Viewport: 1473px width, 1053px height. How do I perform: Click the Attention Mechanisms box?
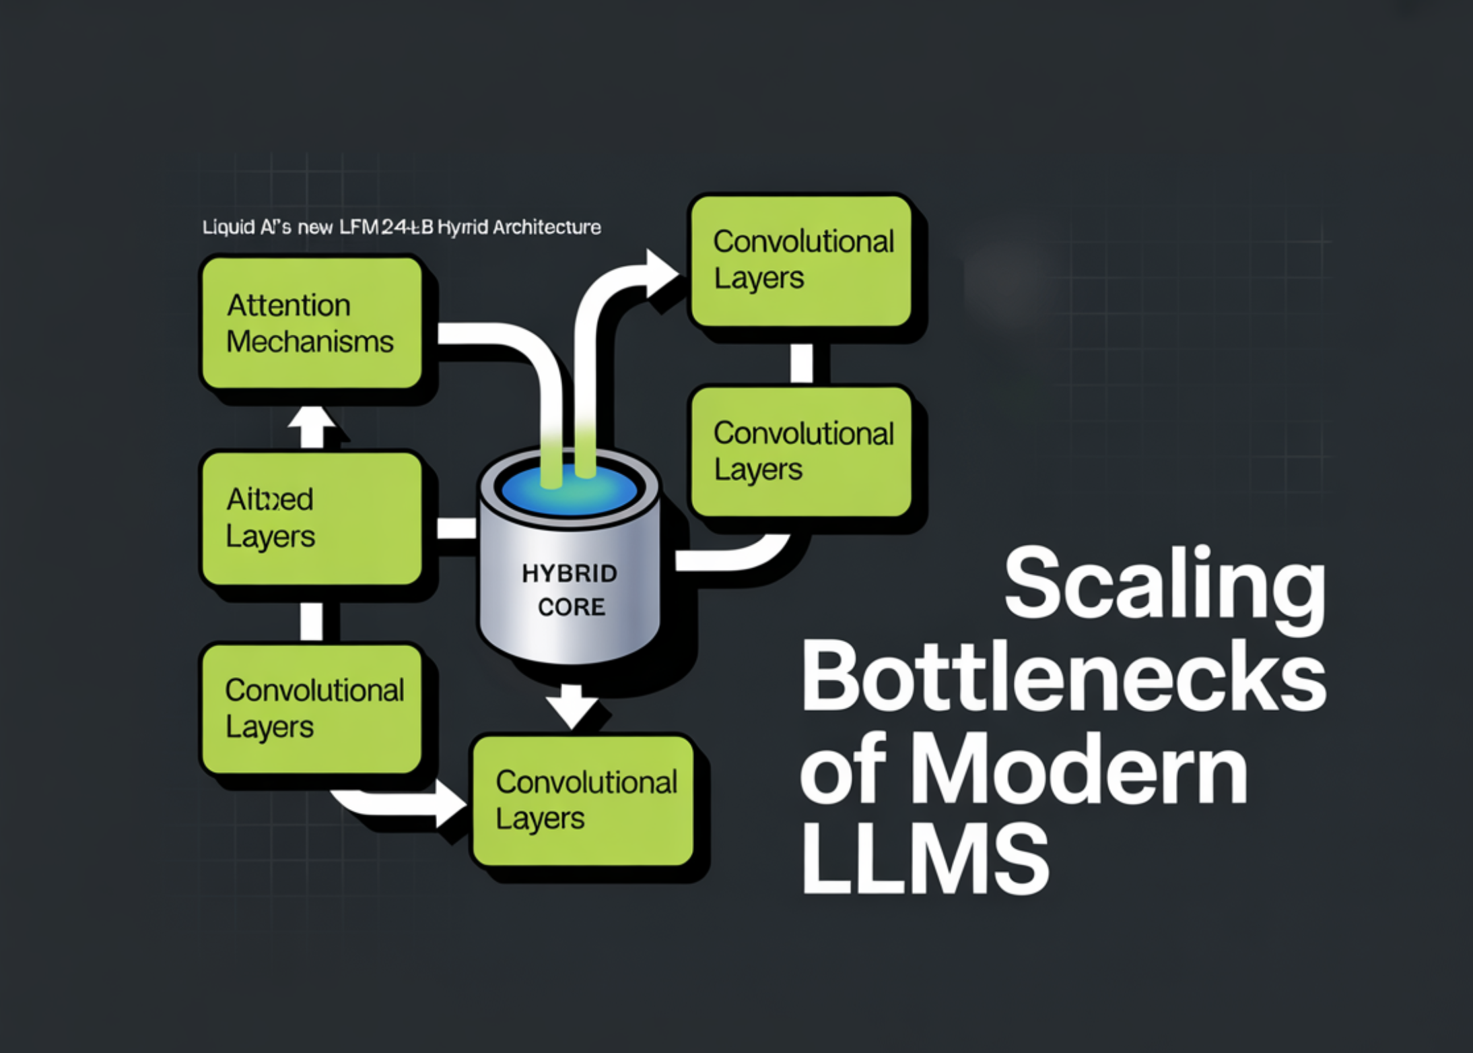(312, 323)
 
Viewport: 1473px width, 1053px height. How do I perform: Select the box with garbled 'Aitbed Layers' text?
(312, 518)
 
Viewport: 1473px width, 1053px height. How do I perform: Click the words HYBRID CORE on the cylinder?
(570, 590)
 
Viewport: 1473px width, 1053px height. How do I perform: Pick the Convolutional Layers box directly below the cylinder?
(583, 800)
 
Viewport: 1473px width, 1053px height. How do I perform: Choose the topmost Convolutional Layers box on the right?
(800, 261)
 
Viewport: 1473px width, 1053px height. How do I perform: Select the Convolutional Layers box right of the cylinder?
(800, 451)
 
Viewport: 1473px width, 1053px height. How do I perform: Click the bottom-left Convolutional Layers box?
(312, 709)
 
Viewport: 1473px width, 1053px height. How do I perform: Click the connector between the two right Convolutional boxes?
(801, 362)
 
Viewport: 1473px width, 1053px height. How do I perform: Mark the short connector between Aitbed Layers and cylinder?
(456, 528)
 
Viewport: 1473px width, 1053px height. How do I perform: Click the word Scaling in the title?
(1165, 585)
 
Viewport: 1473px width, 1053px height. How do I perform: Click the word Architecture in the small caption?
(546, 227)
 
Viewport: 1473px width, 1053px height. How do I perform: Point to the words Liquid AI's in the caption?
(246, 227)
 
